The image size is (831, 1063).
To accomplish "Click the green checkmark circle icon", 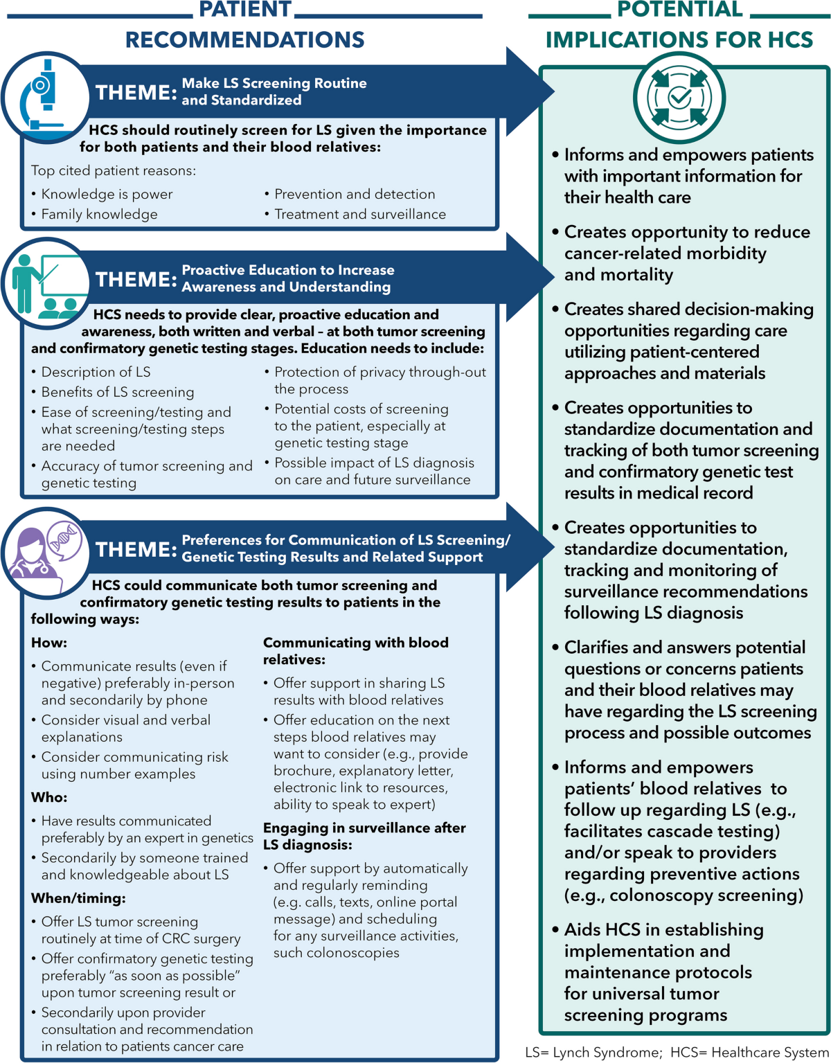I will [679, 98].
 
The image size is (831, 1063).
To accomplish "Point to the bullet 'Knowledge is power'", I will [107, 195].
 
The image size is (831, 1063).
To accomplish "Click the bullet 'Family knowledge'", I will [99, 215].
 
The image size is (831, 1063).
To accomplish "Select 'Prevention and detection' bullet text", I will [355, 195].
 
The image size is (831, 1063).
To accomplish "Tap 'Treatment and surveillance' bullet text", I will [360, 215].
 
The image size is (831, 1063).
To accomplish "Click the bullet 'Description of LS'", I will [96, 373].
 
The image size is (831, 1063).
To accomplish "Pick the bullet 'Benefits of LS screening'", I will [118, 393].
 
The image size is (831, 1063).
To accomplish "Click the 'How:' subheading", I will [49, 643].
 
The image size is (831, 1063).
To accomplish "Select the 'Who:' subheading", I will [49, 798].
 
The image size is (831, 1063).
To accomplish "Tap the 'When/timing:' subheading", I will [78, 899].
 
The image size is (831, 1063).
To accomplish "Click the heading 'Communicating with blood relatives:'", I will [355, 651].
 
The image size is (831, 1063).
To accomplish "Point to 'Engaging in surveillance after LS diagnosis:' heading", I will [364, 837].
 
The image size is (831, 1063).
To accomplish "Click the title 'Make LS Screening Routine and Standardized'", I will [274, 91].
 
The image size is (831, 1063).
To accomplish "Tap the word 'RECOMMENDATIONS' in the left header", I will [244, 39].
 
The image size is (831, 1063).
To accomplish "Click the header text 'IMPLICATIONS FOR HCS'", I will [679, 39].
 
